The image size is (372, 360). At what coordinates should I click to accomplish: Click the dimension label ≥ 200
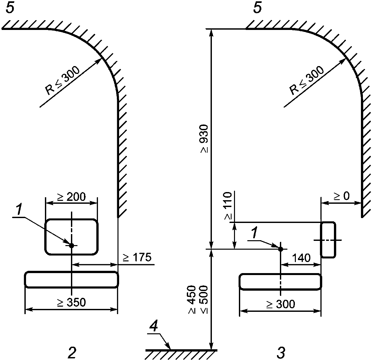(x=71, y=197)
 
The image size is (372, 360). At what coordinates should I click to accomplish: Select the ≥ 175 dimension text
(x=137, y=257)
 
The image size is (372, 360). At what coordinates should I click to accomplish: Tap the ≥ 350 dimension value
(x=71, y=302)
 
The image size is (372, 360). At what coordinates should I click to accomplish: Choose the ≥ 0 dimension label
(x=342, y=196)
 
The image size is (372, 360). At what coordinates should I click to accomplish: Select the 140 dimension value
(x=301, y=258)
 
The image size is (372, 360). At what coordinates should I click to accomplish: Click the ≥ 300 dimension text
(x=281, y=304)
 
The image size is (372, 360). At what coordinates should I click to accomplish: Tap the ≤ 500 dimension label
(x=203, y=299)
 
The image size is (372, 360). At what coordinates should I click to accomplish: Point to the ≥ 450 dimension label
(x=192, y=299)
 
